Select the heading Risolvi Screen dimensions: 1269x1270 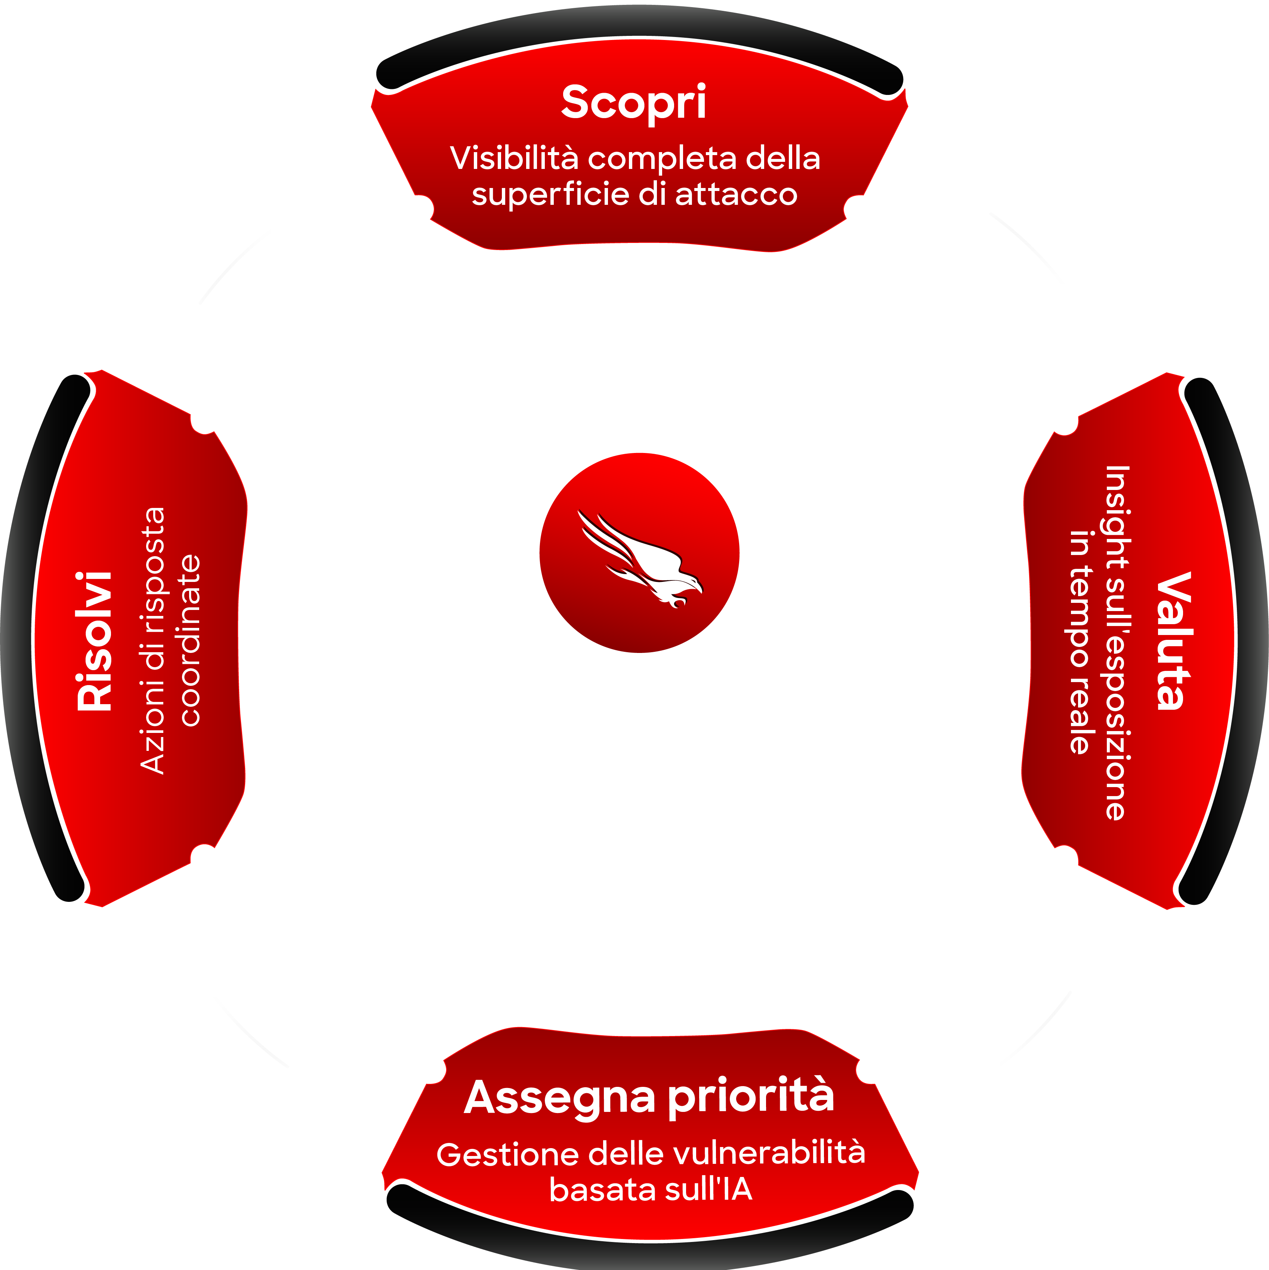94,641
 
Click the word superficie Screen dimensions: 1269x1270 550,195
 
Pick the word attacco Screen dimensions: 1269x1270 736,195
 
